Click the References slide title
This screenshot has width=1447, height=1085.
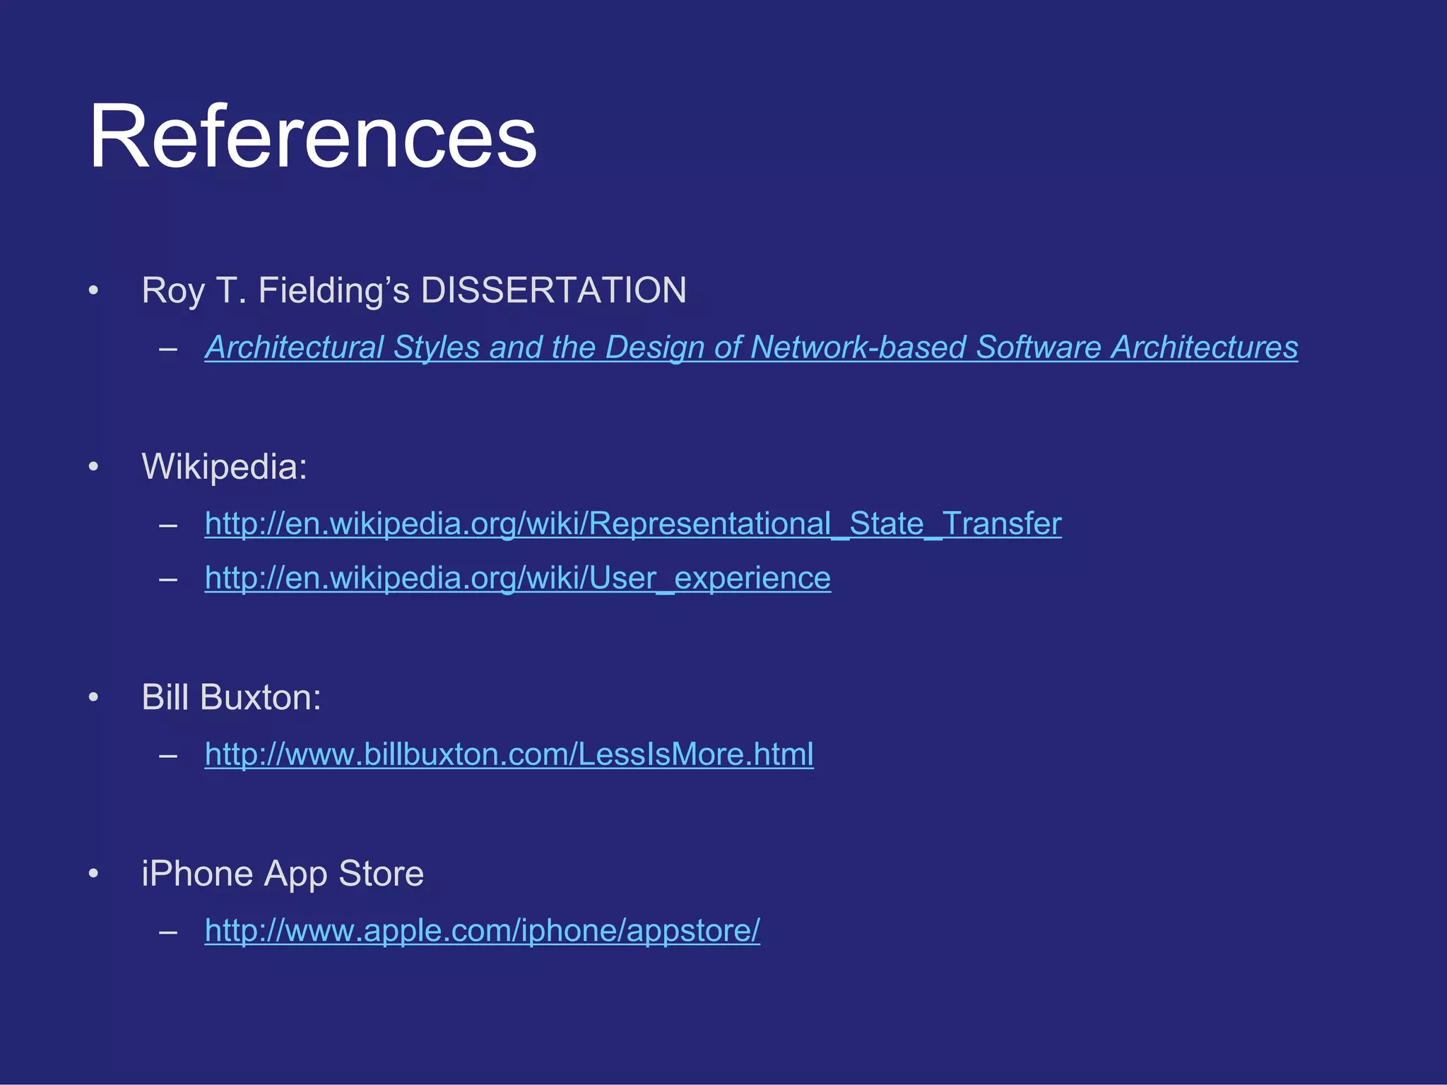312,136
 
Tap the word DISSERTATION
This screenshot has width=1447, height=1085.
553,290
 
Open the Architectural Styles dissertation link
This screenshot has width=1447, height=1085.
751,348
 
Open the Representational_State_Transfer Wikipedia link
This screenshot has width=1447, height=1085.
633,523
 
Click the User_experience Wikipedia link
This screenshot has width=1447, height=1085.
518,578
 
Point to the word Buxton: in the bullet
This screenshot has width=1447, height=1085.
261,698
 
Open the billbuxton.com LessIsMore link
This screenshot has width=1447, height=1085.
509,754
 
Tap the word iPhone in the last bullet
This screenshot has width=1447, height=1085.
197,874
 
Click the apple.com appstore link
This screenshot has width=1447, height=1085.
483,930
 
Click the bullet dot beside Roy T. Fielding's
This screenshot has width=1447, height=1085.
93,290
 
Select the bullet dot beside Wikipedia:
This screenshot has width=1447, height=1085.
93,467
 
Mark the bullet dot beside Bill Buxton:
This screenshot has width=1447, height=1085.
93,698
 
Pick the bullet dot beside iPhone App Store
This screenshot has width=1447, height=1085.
93,874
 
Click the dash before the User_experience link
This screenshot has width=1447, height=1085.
168,579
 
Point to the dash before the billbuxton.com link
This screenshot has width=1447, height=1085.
168,756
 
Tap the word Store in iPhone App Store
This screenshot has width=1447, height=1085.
382,874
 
